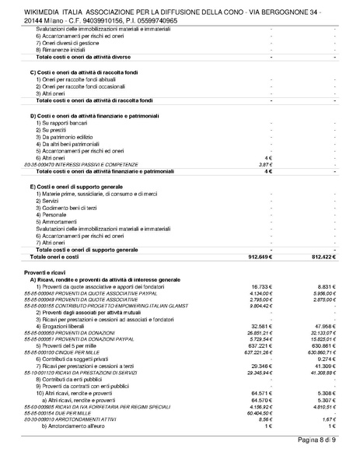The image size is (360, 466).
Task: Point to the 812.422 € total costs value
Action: [x=322, y=256]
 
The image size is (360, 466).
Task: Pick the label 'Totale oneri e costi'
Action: [x=55, y=256]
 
